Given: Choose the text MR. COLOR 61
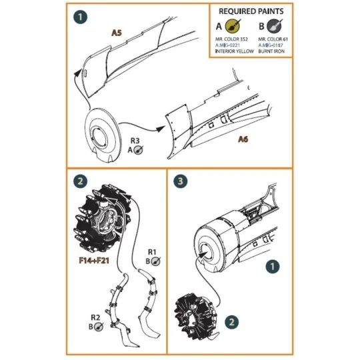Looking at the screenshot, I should click(x=271, y=40).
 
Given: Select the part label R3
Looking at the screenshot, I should click(x=134, y=141).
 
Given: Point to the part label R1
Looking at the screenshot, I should click(x=152, y=251).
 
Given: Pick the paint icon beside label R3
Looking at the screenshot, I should click(x=138, y=151).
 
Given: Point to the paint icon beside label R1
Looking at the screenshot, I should click(x=155, y=261).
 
